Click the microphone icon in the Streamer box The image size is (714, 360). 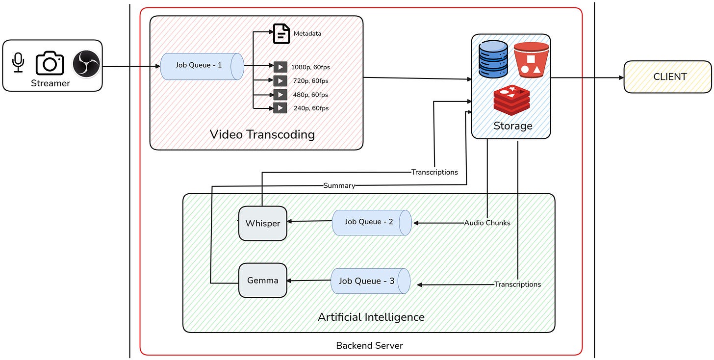point(18,63)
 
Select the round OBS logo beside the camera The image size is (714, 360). point(86,64)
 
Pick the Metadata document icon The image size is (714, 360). point(281,33)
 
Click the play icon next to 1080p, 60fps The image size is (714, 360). point(280,67)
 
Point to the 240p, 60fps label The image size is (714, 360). point(311,108)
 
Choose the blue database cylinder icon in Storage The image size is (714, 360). point(494,60)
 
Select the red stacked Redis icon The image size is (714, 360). point(512,101)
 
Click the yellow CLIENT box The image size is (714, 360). point(667,77)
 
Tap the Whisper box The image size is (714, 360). point(263,223)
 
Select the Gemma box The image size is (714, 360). point(263,281)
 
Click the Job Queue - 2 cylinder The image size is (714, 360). point(372,222)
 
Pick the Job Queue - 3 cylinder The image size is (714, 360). point(371,281)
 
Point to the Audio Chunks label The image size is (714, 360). point(487,223)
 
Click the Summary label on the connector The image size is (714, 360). point(339,186)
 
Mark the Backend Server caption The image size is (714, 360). point(369,346)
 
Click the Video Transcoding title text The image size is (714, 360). point(262,134)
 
